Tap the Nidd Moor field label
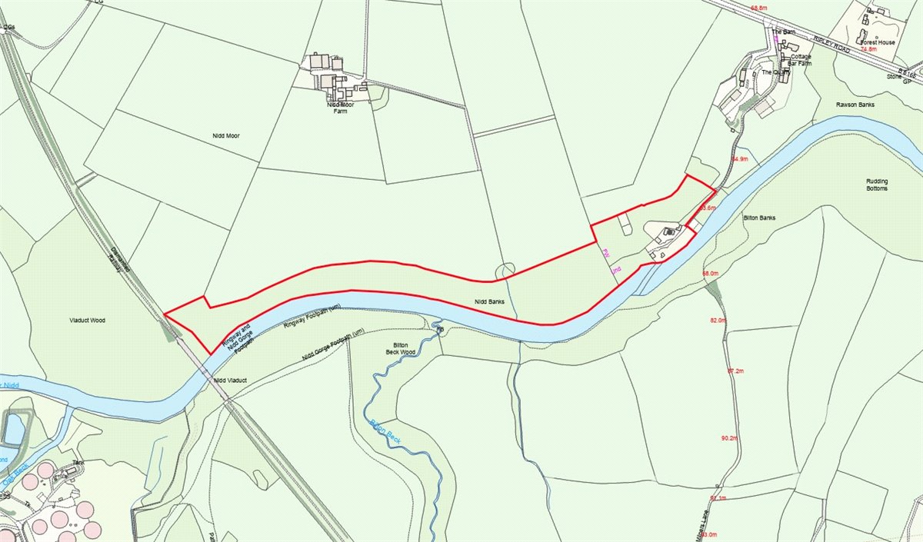(227, 135)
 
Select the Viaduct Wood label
(86, 317)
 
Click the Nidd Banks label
(489, 302)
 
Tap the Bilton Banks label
(759, 218)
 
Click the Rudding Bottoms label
(877, 185)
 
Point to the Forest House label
(878, 42)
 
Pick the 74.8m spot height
(868, 49)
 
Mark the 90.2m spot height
(729, 438)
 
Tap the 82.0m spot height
(718, 320)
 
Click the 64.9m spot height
(740, 159)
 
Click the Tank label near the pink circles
(77, 463)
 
